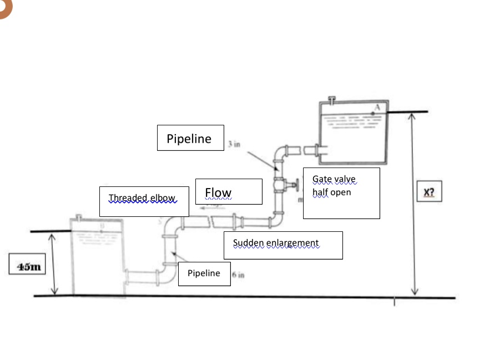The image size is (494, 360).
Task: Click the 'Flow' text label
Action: point(218,192)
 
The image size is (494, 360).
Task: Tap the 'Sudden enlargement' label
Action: point(276,243)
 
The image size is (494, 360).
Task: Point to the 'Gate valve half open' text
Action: point(334,186)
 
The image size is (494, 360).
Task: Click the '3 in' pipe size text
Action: point(234,144)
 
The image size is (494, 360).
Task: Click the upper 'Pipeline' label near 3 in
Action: point(189,139)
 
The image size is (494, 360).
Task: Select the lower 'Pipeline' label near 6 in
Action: point(203,273)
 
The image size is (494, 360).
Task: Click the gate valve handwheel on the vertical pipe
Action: point(296,184)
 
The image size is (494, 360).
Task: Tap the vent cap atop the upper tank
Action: point(332,99)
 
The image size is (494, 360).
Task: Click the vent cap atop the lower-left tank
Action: point(79,215)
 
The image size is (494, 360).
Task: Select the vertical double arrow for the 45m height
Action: point(54,264)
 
